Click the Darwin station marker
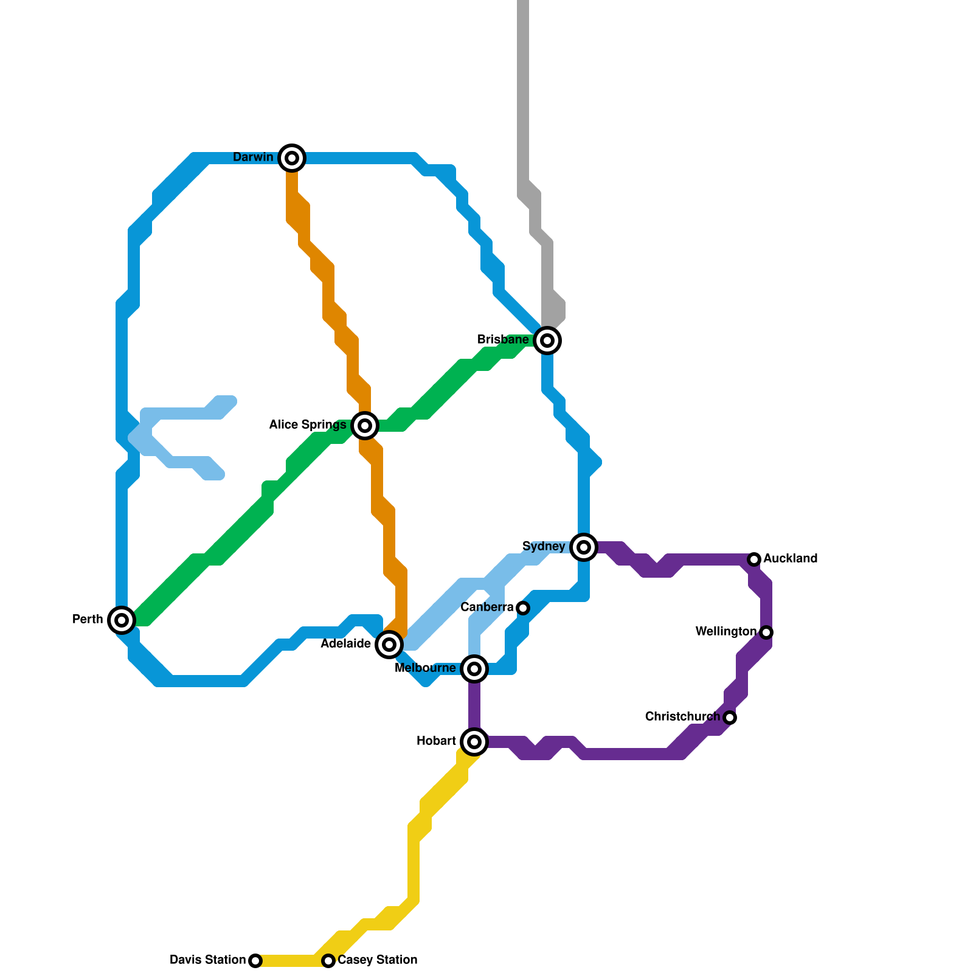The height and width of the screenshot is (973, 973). click(292, 158)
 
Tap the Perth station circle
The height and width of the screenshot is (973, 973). click(122, 620)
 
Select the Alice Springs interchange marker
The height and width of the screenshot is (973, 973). click(365, 426)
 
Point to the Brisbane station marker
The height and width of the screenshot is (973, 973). click(547, 341)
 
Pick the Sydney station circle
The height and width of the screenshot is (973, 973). click(584, 547)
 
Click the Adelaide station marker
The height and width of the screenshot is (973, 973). click(389, 644)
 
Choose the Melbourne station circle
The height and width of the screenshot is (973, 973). click(474, 669)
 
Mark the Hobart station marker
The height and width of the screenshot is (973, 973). click(474, 741)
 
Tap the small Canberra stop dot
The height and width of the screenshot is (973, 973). click(523, 608)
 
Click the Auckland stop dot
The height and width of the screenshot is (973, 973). click(754, 559)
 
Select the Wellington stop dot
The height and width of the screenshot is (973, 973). click(766, 632)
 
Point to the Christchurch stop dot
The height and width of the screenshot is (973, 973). click(730, 718)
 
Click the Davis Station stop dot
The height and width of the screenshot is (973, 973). click(255, 961)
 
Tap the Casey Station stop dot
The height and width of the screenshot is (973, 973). click(328, 961)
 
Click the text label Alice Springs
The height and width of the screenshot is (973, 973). click(307, 425)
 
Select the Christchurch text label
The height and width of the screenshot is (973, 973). click(682, 717)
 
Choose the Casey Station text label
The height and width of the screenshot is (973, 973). click(378, 960)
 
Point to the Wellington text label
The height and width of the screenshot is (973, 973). click(725, 632)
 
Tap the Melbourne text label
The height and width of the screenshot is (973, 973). click(425, 668)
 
